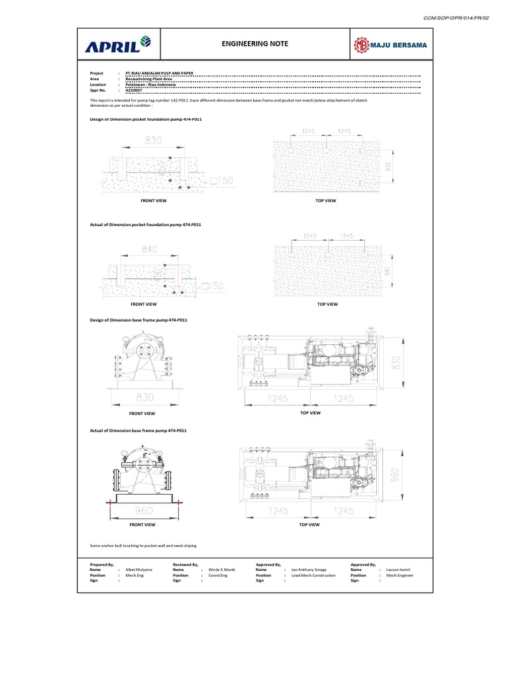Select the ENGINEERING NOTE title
coord(255,44)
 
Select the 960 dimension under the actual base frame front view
coord(144,511)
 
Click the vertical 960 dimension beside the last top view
coord(396,475)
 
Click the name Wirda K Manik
coord(223,570)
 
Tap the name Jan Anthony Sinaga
coord(308,570)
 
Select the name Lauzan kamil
coord(399,570)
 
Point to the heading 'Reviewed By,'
coord(186,564)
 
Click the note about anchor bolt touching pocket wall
coord(143,546)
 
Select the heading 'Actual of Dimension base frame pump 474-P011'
coord(138,430)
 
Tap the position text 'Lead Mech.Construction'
coord(313,575)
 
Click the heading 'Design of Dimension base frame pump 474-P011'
coord(139,320)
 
